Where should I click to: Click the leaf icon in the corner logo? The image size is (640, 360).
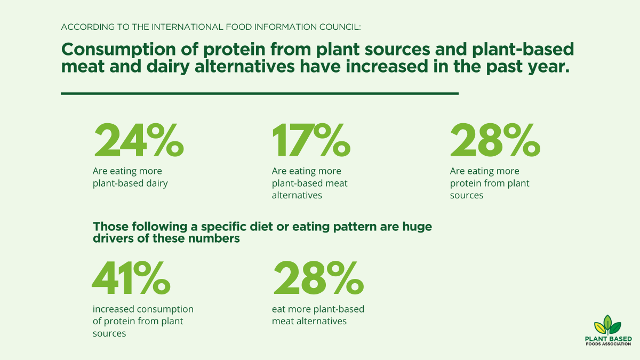coord(608,325)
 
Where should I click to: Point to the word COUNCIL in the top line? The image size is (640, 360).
coord(341,26)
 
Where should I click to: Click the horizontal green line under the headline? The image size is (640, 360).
coord(260,93)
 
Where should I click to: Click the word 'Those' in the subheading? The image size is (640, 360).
coord(110,227)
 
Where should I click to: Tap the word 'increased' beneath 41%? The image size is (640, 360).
coord(114,309)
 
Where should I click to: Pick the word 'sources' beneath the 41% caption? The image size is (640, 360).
coord(109,333)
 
